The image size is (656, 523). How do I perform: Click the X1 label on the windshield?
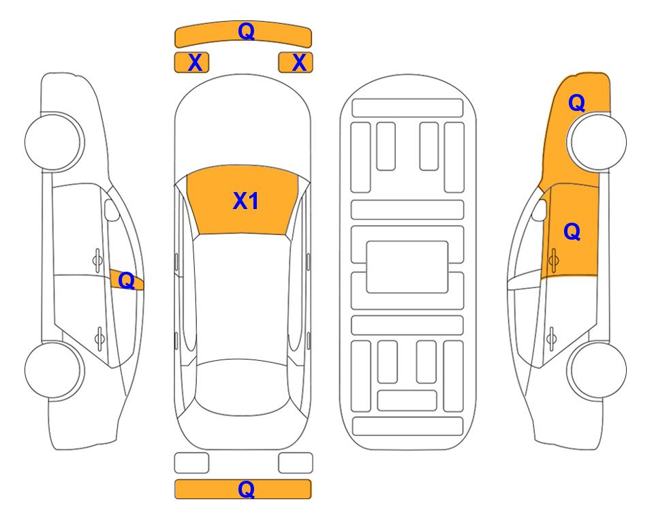[x=246, y=201]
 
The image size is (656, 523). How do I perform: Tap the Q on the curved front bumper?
[x=246, y=31]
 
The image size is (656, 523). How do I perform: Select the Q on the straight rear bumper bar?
[x=246, y=489]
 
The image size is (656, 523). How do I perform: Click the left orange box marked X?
[x=191, y=63]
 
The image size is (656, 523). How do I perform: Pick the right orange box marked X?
[x=296, y=63]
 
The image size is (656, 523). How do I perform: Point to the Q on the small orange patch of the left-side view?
[x=126, y=281]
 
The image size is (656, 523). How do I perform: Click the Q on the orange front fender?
[x=576, y=103]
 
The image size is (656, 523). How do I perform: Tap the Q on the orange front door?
[x=572, y=232]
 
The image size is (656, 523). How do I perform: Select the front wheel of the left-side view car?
[x=54, y=142]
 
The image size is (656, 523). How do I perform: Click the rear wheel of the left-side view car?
[x=54, y=370]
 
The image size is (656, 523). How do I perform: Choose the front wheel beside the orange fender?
[x=597, y=142]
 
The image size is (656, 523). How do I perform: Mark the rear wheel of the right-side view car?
[x=597, y=370]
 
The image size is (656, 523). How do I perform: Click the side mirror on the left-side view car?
[x=111, y=210]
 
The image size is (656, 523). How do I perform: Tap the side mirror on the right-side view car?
[x=540, y=210]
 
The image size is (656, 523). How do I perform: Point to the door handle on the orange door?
[x=553, y=260]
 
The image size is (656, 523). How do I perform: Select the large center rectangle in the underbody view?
[x=407, y=267]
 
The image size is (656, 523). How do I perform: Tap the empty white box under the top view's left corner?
[x=191, y=463]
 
